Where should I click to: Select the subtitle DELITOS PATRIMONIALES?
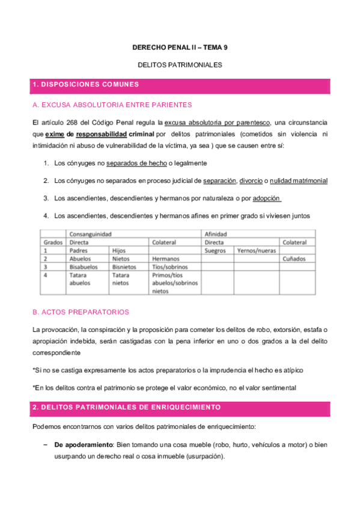(180, 64)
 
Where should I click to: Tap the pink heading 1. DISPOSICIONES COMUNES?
(86, 84)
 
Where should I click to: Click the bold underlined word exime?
(54, 134)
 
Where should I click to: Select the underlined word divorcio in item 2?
(252, 180)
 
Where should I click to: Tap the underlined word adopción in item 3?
(267, 198)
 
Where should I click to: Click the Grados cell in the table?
(53, 242)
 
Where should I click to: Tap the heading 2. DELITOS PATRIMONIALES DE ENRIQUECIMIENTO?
(127, 407)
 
